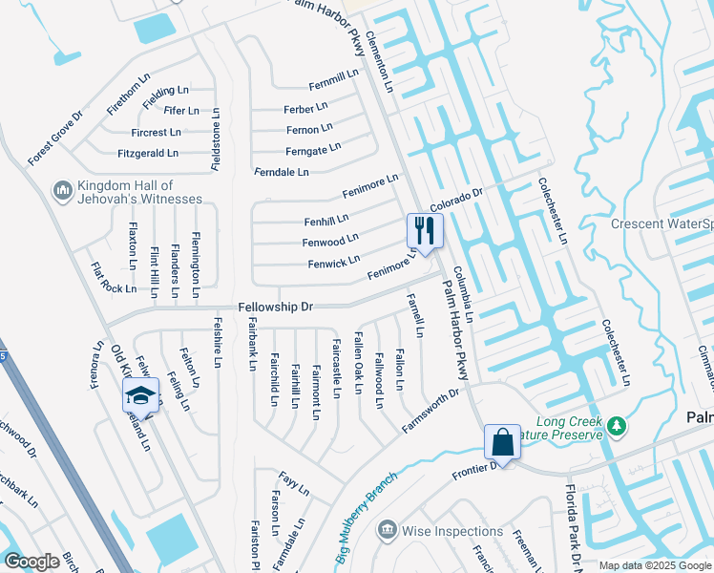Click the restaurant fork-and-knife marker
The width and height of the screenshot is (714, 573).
425,230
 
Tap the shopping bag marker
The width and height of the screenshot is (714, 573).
501,443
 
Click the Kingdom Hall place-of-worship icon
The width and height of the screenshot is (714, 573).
63,191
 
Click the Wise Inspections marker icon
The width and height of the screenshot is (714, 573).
387,530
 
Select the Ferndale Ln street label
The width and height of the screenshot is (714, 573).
282,172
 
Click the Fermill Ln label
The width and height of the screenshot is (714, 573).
333,74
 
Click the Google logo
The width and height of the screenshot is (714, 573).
31,561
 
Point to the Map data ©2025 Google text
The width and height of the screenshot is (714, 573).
655,565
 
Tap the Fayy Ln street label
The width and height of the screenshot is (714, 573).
294,482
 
